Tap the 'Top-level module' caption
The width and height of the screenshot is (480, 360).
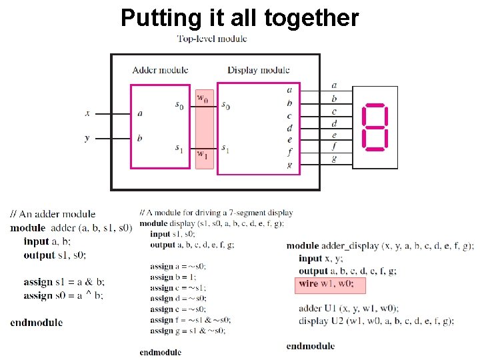(212, 39)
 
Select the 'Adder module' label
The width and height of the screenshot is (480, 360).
(160, 70)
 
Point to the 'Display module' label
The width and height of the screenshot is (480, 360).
(259, 70)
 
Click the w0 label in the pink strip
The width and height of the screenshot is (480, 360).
(202, 99)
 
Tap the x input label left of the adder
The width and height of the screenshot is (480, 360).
(87, 113)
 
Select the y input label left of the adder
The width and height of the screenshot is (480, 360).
(87, 138)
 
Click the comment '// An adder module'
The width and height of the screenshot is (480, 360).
(53, 214)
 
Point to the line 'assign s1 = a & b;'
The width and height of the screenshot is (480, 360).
(64, 282)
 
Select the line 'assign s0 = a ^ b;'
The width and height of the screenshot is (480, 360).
(63, 295)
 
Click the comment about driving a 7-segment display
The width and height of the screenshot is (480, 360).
(216, 213)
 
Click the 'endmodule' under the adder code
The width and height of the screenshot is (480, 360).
(37, 323)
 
